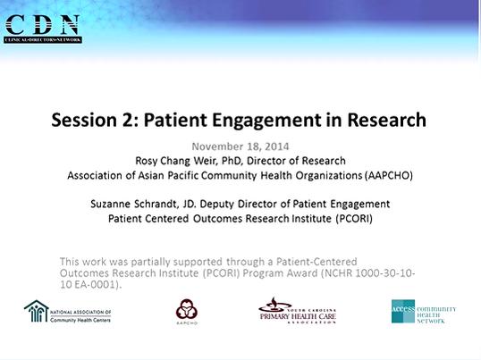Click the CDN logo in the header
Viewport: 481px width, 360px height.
[42, 27]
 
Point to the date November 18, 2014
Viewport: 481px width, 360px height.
[240, 145]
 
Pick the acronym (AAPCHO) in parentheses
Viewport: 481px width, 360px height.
[389, 175]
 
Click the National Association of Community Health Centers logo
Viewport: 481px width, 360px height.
[68, 311]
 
